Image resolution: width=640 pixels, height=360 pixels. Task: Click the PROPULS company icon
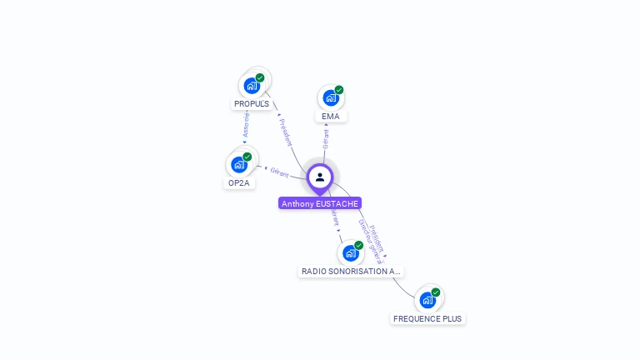point(251,85)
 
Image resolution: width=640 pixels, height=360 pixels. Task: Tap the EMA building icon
point(330,97)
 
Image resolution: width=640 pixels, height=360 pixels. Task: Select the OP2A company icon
point(238,164)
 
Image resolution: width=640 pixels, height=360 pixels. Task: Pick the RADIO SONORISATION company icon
point(351,252)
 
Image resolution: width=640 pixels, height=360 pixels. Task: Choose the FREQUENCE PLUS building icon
point(427,300)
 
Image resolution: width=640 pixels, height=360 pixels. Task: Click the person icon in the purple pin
point(320,177)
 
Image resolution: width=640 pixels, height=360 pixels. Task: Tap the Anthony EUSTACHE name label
point(320,203)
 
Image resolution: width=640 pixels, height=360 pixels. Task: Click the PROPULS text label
point(251,104)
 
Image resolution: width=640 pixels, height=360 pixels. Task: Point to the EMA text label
point(330,117)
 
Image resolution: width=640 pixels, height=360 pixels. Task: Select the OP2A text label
point(238,183)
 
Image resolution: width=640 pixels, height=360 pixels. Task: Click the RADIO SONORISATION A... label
point(351,272)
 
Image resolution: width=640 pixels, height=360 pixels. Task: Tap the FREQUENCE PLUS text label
point(427,319)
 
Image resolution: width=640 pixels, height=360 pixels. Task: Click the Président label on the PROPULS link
point(286,132)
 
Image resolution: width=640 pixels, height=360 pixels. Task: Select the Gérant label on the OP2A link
point(279,172)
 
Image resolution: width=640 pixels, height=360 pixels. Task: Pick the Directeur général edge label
point(369,242)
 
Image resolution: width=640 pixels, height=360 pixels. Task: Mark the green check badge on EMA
point(339,90)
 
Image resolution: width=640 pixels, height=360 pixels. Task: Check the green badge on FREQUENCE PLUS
point(436,292)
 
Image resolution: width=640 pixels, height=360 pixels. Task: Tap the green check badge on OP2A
point(247,157)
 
